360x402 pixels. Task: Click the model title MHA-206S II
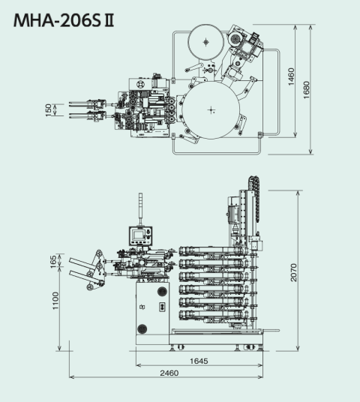tap(64, 20)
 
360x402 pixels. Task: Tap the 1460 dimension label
tap(291, 76)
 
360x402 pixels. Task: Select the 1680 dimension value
tap(306, 90)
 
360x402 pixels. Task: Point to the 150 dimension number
tap(48, 110)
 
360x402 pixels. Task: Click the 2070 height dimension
tap(293, 272)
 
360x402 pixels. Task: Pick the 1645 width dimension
tap(199, 361)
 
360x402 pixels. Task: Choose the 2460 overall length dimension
tap(169, 373)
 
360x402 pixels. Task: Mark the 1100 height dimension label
tap(55, 301)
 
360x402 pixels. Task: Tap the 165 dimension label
tap(53, 262)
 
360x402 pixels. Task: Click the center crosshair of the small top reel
tap(206, 42)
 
